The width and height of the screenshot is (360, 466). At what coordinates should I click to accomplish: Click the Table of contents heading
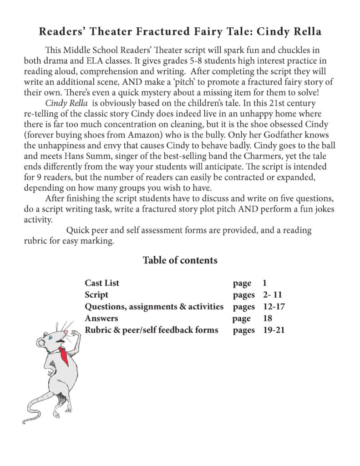(x=180, y=260)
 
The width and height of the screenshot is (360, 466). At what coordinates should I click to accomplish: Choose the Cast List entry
(x=102, y=283)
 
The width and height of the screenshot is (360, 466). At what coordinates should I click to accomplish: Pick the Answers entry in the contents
(x=101, y=318)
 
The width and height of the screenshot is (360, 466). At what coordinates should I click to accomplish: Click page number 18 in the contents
(x=267, y=318)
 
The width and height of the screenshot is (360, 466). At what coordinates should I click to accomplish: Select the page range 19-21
(x=274, y=330)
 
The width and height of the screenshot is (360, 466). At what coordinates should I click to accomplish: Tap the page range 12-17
(x=274, y=306)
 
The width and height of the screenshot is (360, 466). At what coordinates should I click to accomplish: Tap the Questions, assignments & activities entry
(x=154, y=306)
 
